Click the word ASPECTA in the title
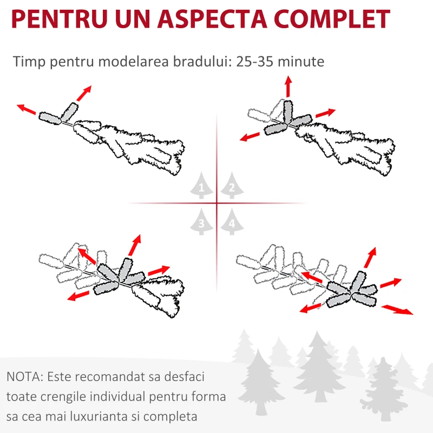coord(212,19)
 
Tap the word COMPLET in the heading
coord(332,19)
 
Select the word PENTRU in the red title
coord(60,19)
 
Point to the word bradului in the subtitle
coord(202,61)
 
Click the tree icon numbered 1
coord(201,185)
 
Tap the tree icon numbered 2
coord(232,185)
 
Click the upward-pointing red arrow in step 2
coord(288,86)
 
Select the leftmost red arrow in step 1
coord(26,109)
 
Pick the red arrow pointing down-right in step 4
coord(397,310)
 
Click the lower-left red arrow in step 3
coord(78,296)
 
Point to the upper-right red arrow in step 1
coord(84,93)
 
